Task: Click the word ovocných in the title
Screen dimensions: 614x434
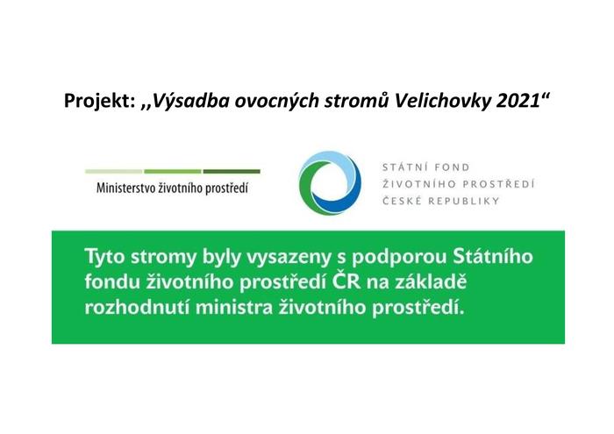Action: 275,102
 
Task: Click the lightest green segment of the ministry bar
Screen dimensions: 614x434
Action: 113,172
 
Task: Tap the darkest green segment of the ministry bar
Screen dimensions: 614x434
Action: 232,172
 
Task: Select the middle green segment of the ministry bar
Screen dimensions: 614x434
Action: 173,172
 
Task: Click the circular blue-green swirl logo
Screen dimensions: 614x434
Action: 330,182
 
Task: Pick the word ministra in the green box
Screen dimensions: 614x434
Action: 234,307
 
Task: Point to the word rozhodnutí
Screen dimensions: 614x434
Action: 137,306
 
